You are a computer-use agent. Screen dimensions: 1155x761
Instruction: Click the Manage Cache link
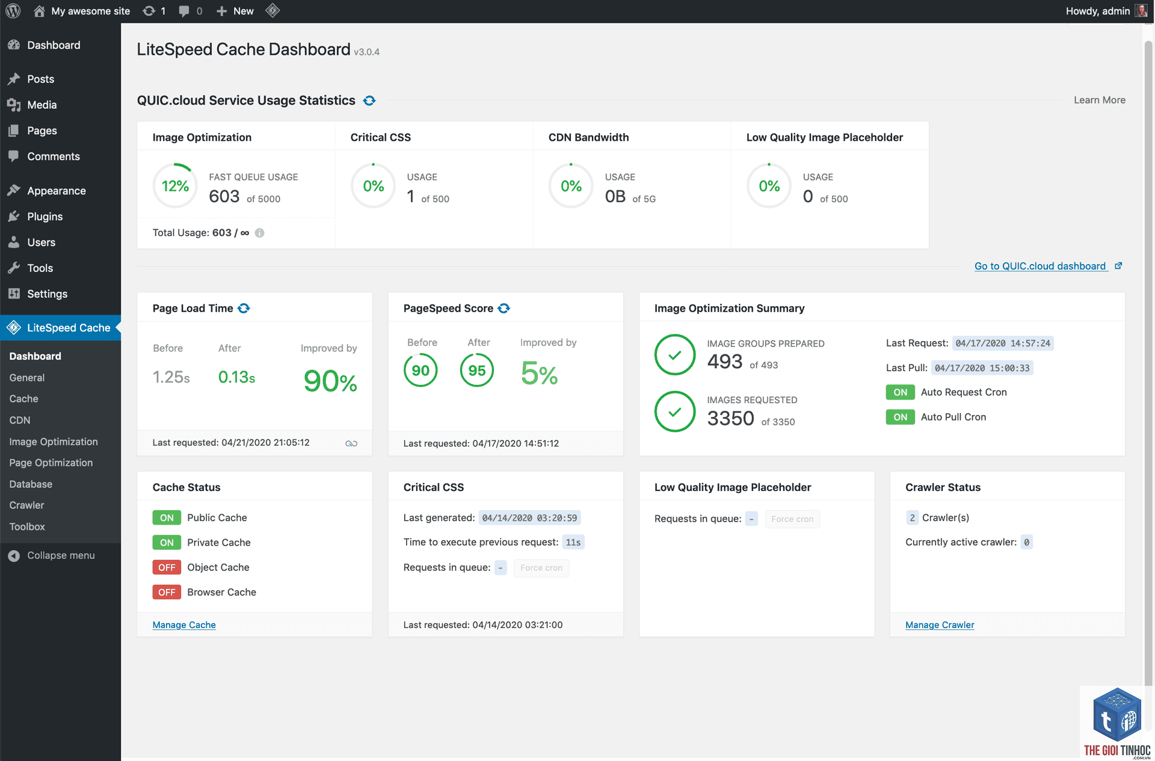click(x=184, y=625)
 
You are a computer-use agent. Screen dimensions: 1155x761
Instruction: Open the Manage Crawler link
click(x=940, y=625)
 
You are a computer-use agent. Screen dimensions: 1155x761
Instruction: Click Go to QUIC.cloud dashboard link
click(x=1040, y=266)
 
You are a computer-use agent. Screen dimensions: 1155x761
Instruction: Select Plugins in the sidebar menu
click(x=45, y=217)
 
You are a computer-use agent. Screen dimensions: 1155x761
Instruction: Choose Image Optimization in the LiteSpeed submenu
click(x=54, y=442)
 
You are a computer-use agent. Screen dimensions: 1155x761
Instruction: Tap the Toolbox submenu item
click(x=27, y=526)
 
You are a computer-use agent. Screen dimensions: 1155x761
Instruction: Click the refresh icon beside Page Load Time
click(x=244, y=308)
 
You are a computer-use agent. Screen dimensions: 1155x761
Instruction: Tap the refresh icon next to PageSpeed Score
click(x=504, y=308)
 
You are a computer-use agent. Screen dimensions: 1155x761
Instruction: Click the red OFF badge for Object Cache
click(x=167, y=567)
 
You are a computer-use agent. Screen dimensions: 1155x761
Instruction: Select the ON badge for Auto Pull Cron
click(x=900, y=417)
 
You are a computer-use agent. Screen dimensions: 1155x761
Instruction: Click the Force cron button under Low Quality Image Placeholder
click(x=792, y=519)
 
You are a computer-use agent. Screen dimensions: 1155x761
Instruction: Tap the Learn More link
click(x=1100, y=100)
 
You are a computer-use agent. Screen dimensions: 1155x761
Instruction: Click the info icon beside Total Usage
click(x=259, y=233)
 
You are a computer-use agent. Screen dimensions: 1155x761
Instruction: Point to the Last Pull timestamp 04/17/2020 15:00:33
click(x=982, y=368)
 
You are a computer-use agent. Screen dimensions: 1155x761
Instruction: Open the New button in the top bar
click(x=235, y=11)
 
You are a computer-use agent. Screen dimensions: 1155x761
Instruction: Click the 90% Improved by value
click(x=330, y=381)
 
